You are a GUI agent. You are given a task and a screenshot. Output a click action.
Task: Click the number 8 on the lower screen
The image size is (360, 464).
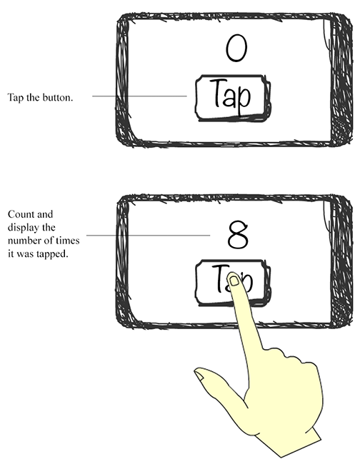(238, 236)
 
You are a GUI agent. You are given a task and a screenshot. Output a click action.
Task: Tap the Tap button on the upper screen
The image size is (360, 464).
(233, 98)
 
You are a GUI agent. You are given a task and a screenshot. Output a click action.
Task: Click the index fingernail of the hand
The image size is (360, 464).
(234, 281)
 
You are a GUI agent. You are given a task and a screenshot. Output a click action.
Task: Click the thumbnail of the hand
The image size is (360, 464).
(199, 375)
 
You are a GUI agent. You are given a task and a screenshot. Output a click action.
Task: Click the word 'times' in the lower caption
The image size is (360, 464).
(69, 241)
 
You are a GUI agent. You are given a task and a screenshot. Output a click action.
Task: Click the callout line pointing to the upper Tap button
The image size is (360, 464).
(139, 96)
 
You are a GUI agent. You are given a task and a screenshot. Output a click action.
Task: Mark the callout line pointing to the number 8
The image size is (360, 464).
(149, 236)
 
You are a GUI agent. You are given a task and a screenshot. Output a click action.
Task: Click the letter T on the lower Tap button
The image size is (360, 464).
(219, 277)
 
